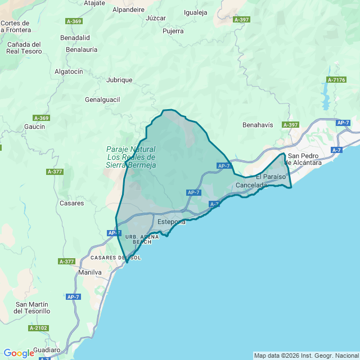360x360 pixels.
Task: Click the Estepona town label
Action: click(x=172, y=222)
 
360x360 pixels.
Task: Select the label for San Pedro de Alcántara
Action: click(x=304, y=159)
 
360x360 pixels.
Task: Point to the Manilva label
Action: click(x=90, y=272)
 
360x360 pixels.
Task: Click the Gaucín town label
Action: click(x=35, y=127)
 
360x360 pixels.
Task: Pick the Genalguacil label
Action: click(x=102, y=100)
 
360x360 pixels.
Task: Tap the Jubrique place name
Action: click(x=119, y=80)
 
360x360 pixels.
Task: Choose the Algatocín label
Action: click(x=69, y=71)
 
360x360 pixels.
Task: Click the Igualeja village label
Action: click(x=196, y=12)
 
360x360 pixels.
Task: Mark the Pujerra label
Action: click(x=173, y=31)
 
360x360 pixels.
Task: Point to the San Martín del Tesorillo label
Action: click(x=32, y=307)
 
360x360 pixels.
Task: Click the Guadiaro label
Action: click(x=47, y=350)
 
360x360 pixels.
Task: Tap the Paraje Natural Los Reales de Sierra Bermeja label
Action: click(x=131, y=157)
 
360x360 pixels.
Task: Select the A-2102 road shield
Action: click(x=39, y=328)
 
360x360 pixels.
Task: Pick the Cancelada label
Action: click(x=251, y=185)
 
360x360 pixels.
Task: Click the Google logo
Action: click(x=19, y=353)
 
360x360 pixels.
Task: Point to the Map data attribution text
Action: click(x=306, y=355)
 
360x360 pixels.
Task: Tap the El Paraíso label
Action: click(x=271, y=177)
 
